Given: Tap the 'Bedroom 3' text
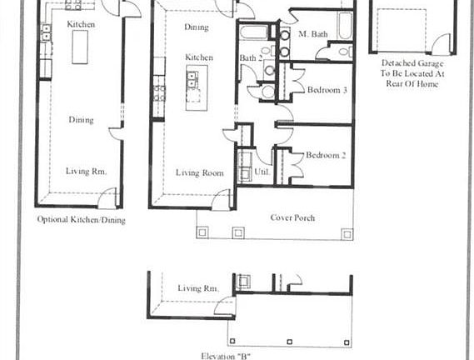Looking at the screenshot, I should coord(327,90).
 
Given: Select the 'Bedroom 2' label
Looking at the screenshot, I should coord(325,155).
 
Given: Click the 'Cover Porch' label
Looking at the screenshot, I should coord(292,218).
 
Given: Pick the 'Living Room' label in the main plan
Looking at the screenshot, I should coord(199,173).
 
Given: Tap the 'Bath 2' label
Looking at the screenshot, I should coord(250,58).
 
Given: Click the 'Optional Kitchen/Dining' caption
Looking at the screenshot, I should coord(81,220).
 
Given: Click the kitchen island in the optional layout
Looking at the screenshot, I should coord(81,50).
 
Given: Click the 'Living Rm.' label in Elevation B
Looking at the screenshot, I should coord(198,288).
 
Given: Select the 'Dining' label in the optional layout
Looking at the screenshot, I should coord(81,120).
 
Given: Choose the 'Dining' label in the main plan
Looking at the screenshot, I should coord(197,27).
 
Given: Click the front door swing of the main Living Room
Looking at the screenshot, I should coord(222,199).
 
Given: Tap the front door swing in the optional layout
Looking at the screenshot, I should coord(107,198).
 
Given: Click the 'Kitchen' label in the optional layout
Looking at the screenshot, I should coord(81,24).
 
